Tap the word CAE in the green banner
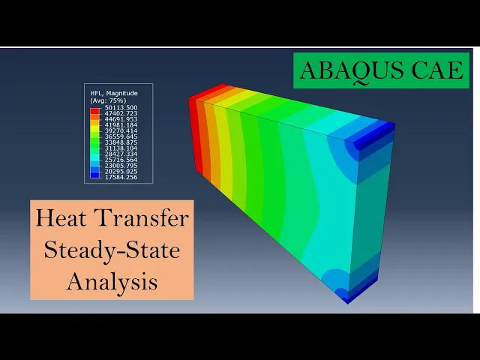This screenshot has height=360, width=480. pos(437,70)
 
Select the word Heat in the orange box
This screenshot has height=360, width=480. pos(61,217)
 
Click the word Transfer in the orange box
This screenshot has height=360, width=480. pos(142,217)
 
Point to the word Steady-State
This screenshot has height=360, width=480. pos(112,250)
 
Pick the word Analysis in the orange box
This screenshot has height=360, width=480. pos(112,282)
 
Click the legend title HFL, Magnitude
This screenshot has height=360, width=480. pos(114,93)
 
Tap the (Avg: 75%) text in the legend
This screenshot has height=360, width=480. pos(108,100)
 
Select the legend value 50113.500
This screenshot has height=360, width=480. pos(121,108)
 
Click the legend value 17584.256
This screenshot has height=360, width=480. pos(121,177)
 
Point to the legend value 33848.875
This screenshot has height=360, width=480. pos(121,142)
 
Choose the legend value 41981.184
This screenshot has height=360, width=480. pos(121,125)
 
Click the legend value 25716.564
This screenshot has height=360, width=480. pos(121,160)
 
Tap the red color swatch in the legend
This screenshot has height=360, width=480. pos(95,111)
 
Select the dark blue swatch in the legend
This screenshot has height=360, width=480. pos(95,175)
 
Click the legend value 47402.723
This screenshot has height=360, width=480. pos(121,113)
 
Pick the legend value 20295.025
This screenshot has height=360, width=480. pos(121,171)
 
